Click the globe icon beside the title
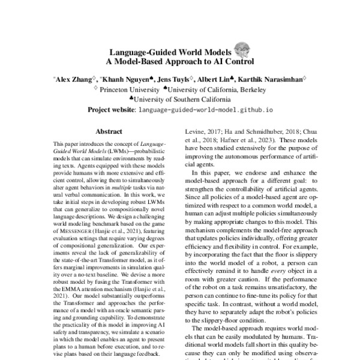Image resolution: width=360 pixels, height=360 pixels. [x=242, y=49]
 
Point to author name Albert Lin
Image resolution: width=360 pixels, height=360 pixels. [x=215, y=78]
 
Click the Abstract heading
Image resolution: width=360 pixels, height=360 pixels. [x=109, y=131]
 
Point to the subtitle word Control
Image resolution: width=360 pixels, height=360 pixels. [x=240, y=61]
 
